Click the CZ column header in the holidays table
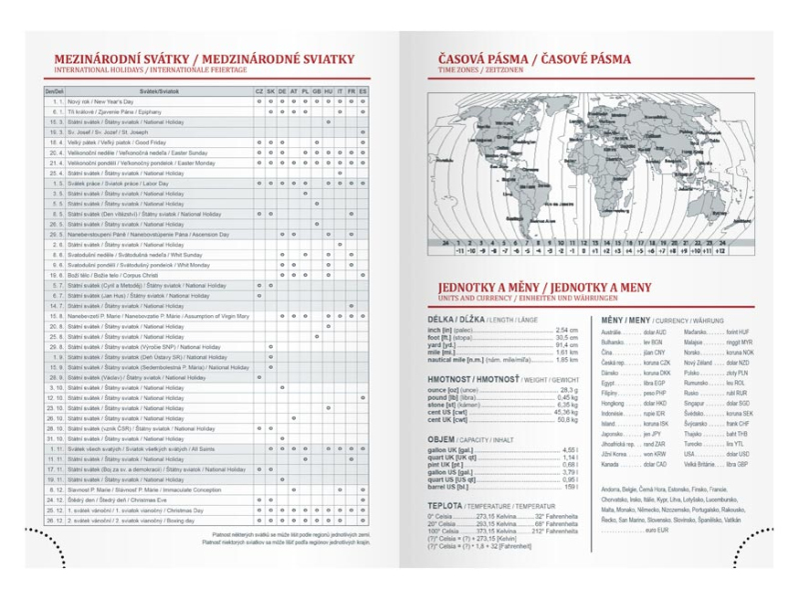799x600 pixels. click(x=259, y=91)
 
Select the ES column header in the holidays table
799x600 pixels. click(x=363, y=91)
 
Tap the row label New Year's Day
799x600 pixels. click(x=96, y=101)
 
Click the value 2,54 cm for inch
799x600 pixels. click(x=566, y=330)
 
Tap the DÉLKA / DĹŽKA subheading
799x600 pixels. click(x=458, y=319)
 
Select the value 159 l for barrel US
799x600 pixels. click(x=570, y=486)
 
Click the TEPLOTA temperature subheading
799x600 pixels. click(x=451, y=506)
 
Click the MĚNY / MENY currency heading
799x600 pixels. click(x=626, y=319)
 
